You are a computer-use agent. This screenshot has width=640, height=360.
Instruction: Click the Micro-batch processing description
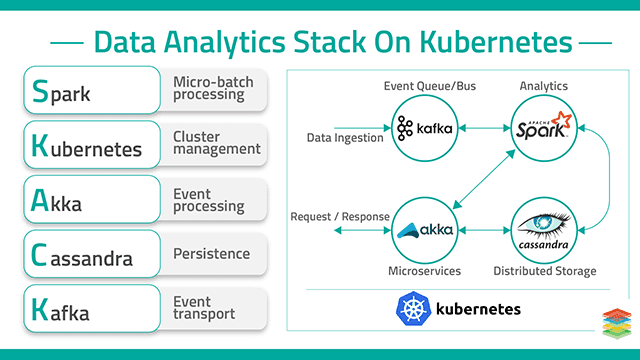click(x=212, y=88)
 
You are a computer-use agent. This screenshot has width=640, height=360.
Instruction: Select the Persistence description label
click(x=212, y=254)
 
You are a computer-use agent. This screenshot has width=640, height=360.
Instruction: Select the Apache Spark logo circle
click(x=544, y=128)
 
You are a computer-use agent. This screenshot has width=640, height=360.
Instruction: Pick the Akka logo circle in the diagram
click(x=428, y=229)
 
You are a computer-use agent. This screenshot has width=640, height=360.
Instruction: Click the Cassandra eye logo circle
click(x=544, y=229)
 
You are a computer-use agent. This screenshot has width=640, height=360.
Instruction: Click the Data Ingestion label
click(x=346, y=138)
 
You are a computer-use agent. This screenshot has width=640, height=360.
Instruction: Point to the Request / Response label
click(x=338, y=217)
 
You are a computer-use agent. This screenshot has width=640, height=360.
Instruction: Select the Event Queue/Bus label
click(x=429, y=86)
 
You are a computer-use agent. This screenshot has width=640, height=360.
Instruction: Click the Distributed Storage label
click(x=545, y=271)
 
